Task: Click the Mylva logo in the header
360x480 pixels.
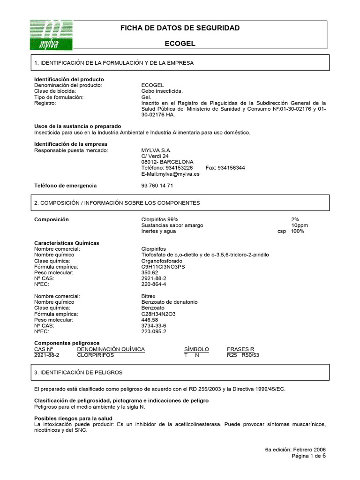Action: (52, 35)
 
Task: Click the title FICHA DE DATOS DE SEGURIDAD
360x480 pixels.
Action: (180, 28)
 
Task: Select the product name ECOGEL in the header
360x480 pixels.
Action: (180, 44)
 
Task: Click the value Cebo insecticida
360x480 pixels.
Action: (162, 91)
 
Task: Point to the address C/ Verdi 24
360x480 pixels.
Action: (155, 156)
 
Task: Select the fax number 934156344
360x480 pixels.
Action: (232, 168)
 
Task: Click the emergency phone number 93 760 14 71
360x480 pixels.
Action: (157, 186)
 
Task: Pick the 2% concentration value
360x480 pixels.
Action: (295, 219)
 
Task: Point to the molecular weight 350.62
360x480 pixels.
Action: (150, 272)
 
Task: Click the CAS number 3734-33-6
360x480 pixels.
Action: (154, 325)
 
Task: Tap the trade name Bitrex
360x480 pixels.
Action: (148, 296)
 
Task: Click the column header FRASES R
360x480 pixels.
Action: (240, 349)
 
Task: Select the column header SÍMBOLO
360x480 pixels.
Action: (196, 349)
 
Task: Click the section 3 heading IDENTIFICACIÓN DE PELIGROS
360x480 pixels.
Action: (78, 372)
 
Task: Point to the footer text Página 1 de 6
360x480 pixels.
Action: (308, 456)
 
